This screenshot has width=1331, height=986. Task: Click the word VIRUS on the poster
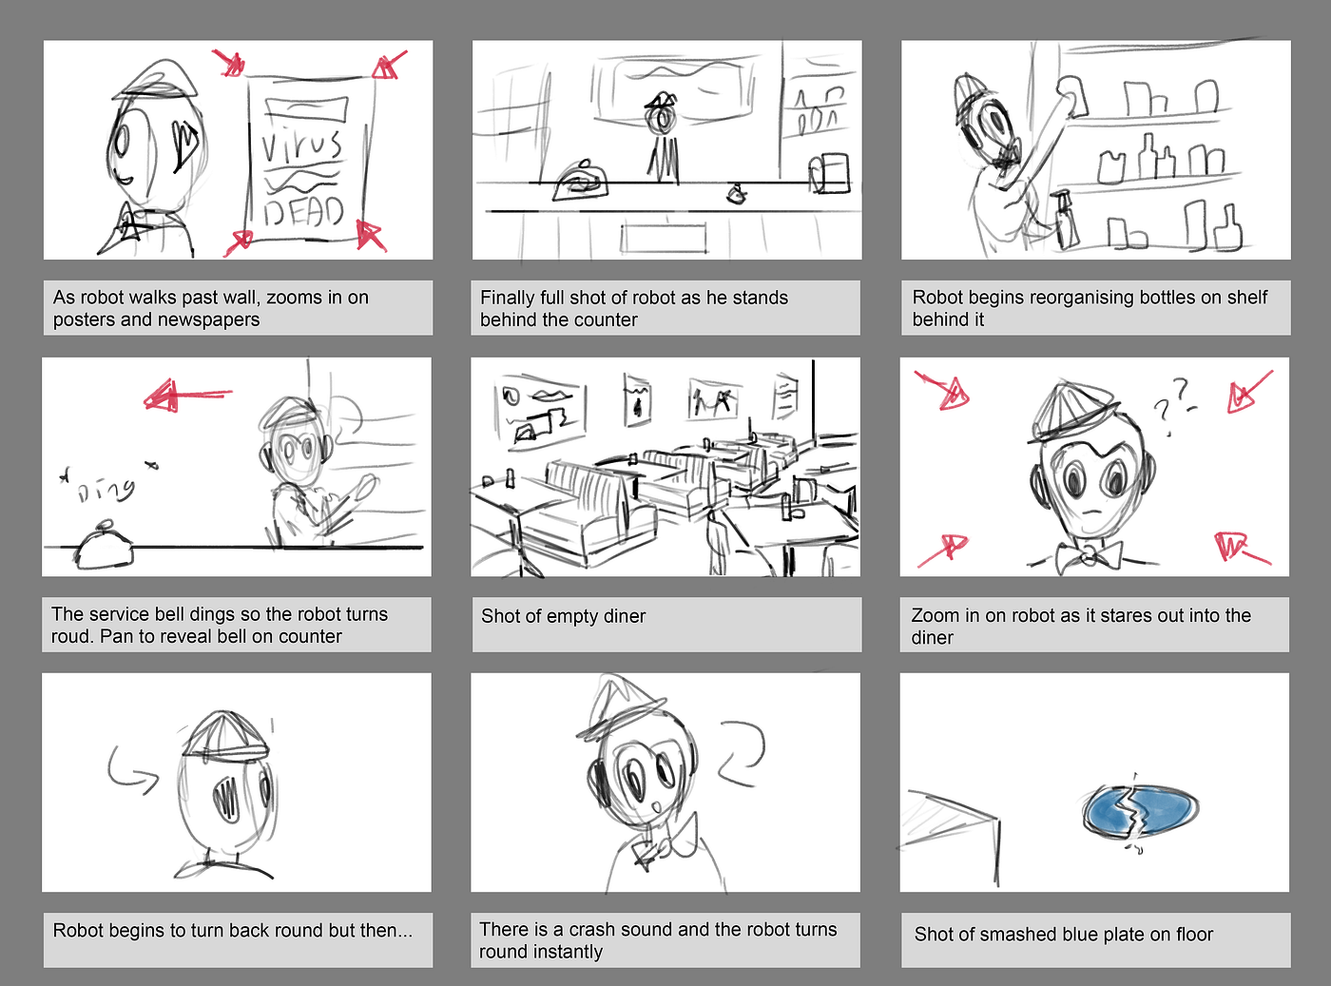(301, 145)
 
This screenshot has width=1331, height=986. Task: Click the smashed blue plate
(1141, 810)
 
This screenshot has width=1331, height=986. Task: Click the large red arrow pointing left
(187, 396)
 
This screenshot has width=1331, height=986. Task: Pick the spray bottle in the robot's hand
(1065, 221)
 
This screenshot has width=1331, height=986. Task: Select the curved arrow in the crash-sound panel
(743, 754)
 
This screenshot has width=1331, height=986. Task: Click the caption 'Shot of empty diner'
(563, 616)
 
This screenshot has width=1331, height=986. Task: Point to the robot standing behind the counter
(663, 135)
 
